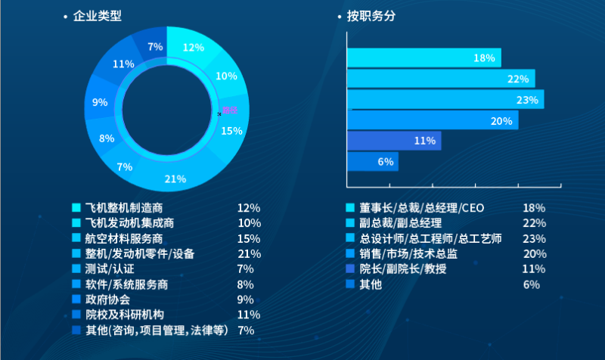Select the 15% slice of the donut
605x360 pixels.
[230, 133]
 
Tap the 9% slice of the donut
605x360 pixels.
[101, 103]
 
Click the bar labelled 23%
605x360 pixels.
[445, 100]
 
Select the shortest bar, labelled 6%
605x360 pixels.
[372, 161]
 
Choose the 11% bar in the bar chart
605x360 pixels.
[393, 141]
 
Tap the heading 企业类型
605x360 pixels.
[97, 16]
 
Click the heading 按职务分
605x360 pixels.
[371, 16]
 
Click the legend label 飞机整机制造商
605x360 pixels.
[124, 207]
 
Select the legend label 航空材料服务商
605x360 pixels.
[124, 238]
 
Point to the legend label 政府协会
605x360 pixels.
[109, 299]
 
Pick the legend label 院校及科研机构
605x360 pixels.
[124, 314]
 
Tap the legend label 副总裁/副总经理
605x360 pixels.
[400, 223]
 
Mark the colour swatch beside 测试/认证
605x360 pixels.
[76, 268]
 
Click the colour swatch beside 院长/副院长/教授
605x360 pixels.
[350, 269]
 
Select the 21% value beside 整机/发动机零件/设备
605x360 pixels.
[249, 253]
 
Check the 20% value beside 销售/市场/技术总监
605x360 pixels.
[534, 253]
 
